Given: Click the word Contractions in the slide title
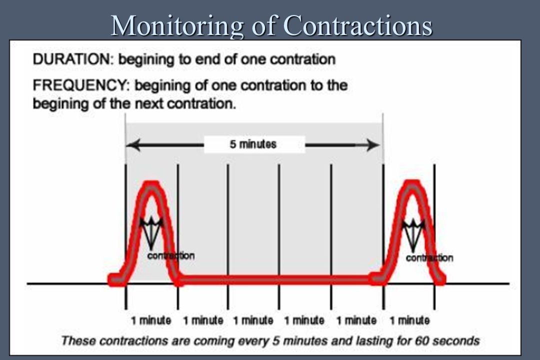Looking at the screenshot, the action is click(x=358, y=25).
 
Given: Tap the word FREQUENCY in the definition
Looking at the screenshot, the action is click(x=81, y=85).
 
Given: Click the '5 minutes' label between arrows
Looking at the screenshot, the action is click(x=253, y=144).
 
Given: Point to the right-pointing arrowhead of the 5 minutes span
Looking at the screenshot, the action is click(x=373, y=144).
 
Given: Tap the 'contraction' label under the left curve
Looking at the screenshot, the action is click(x=171, y=255).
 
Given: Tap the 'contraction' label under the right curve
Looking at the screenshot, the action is click(x=429, y=257).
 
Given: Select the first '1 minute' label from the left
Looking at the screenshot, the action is click(x=151, y=320).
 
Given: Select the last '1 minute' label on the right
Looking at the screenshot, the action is click(x=409, y=320).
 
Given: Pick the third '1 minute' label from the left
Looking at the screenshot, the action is click(x=253, y=320).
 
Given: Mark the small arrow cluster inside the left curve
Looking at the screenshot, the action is click(x=151, y=233).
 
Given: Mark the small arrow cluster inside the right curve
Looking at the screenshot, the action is click(x=413, y=235).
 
